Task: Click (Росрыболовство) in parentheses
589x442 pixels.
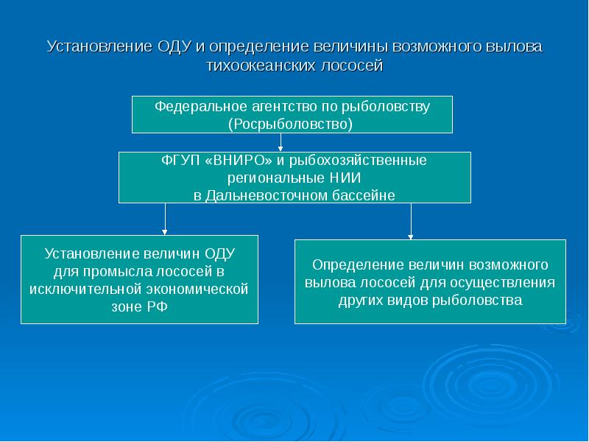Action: [x=291, y=124]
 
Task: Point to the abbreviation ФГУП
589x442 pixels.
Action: [x=177, y=160]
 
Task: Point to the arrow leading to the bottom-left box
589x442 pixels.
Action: [x=165, y=219]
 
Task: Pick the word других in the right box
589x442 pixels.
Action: [x=361, y=300]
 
